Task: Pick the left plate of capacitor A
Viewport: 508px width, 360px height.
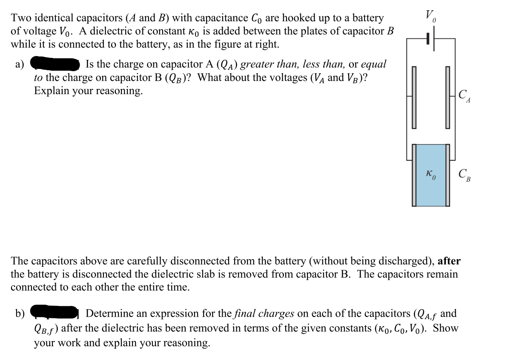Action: point(413,98)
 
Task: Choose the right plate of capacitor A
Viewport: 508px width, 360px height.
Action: point(448,98)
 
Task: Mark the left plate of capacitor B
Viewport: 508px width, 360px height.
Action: point(413,175)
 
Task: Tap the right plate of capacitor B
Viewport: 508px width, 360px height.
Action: point(448,175)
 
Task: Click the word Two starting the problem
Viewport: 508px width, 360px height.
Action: point(22,18)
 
